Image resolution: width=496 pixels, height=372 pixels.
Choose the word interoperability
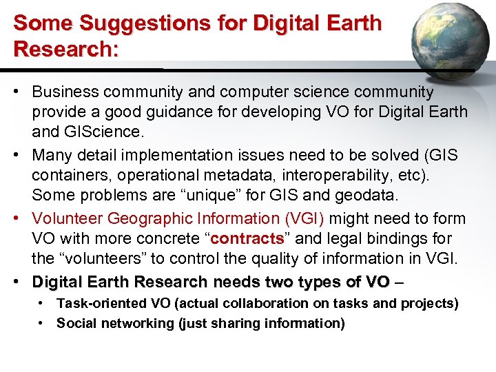click(x=337, y=175)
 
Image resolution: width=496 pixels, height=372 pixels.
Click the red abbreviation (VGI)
click(x=304, y=218)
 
